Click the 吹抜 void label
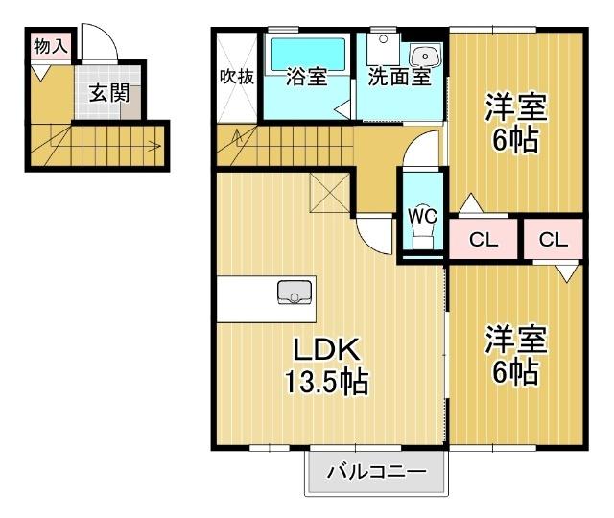point(237,77)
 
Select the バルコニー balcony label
point(376,472)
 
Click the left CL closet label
point(485,240)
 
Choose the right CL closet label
point(554,240)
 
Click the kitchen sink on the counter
point(295,293)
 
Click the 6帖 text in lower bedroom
point(516,372)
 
